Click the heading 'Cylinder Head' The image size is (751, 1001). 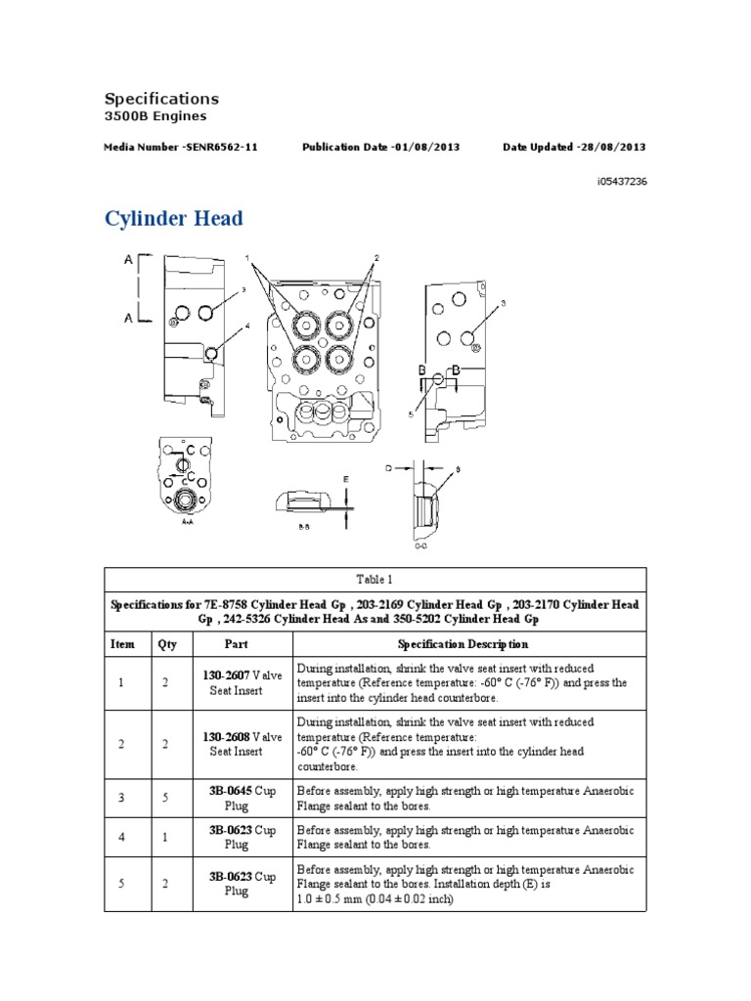point(174,219)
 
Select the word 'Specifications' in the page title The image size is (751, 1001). point(161,99)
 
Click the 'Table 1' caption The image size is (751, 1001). point(375,579)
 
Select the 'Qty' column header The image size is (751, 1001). point(166,644)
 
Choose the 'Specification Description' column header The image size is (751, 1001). point(464,644)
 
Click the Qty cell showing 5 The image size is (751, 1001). point(166,798)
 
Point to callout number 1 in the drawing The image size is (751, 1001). point(249,259)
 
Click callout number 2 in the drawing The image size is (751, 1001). point(375,258)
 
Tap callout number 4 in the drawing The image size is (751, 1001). point(248,326)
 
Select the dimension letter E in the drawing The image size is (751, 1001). point(345,478)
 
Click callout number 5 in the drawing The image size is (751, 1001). point(412,414)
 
